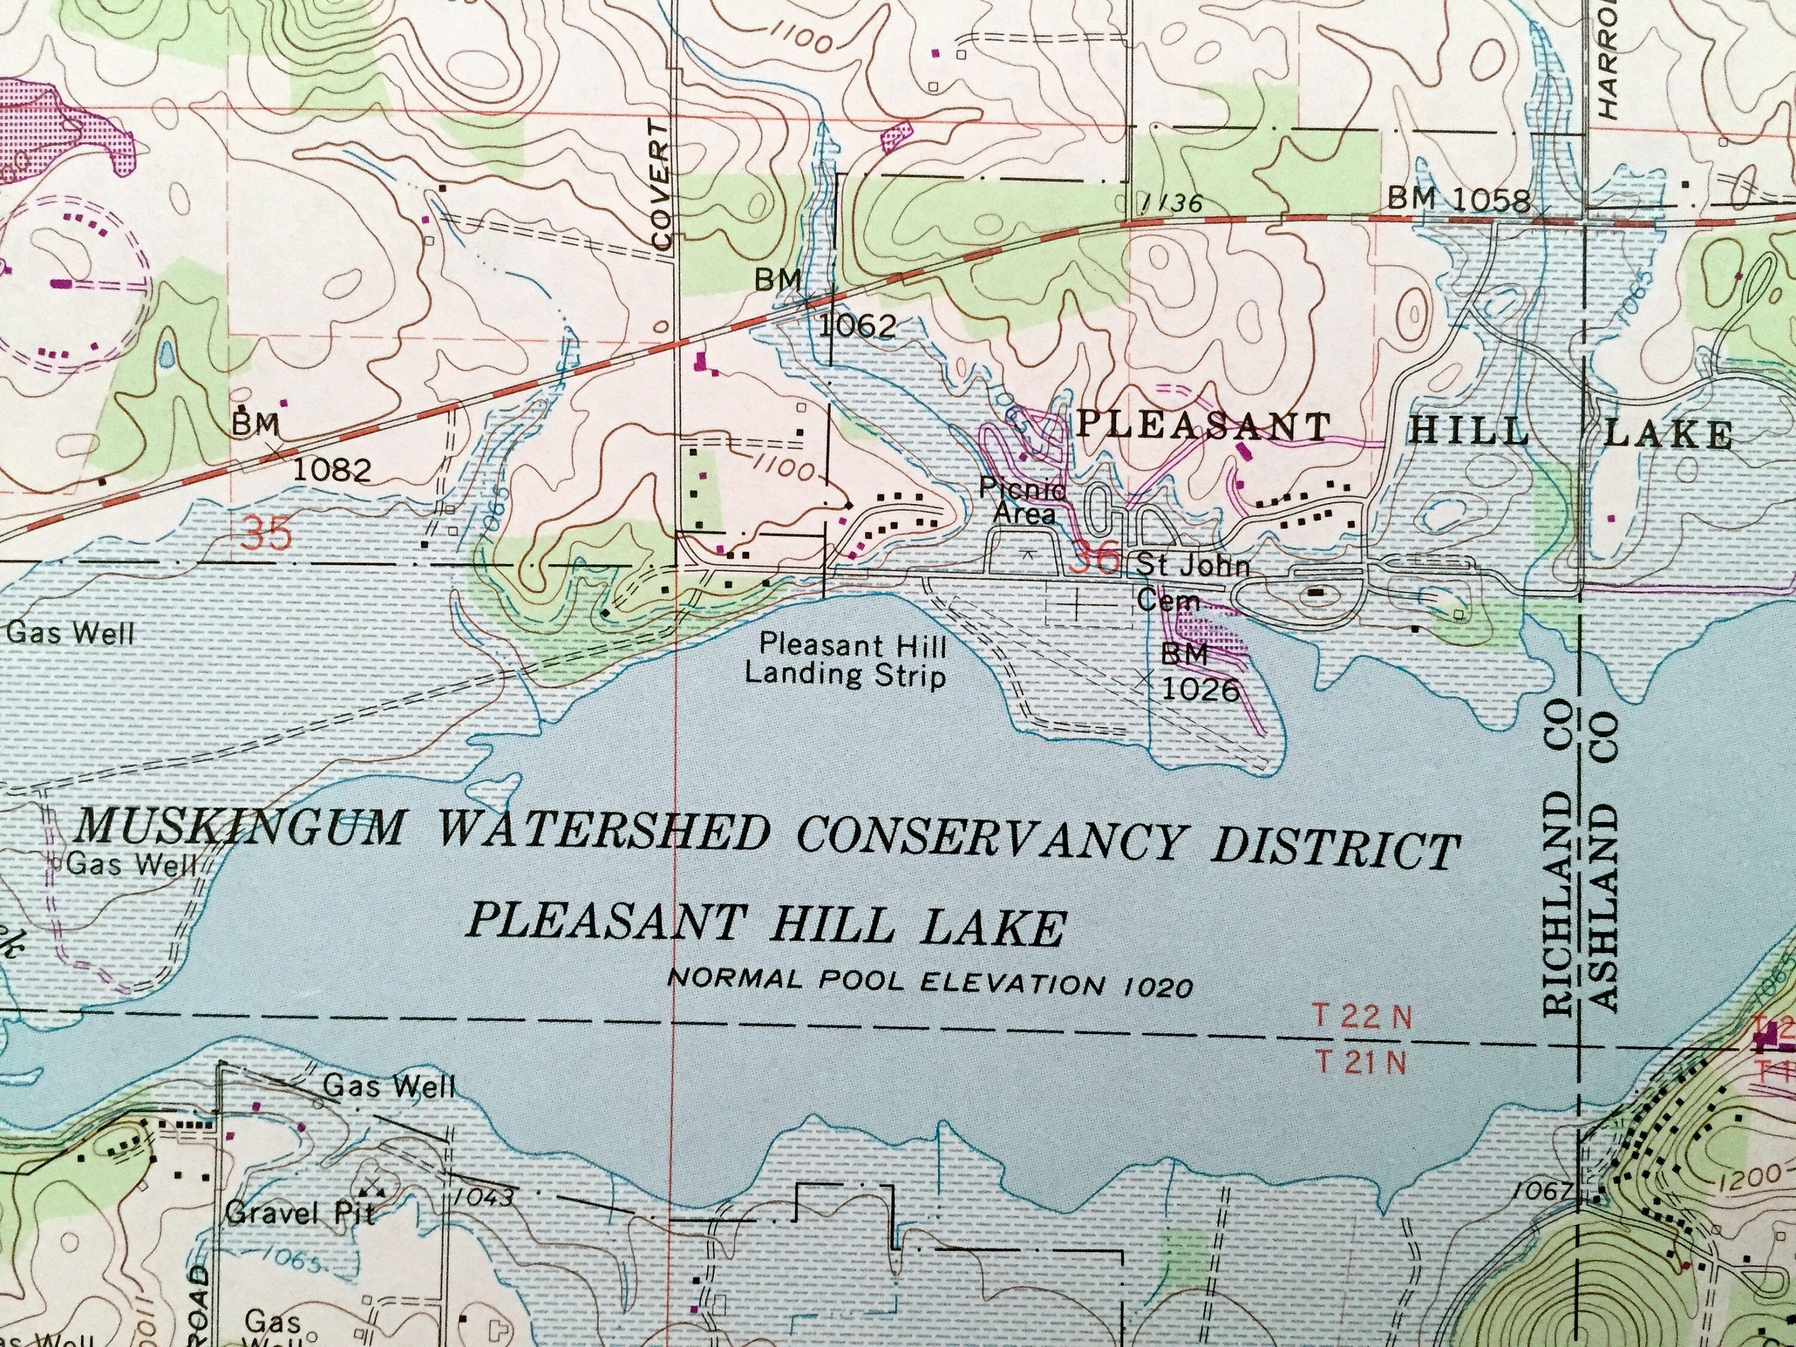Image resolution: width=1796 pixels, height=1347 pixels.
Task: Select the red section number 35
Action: tap(266, 535)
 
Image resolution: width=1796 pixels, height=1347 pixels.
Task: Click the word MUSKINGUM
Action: tap(242, 828)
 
